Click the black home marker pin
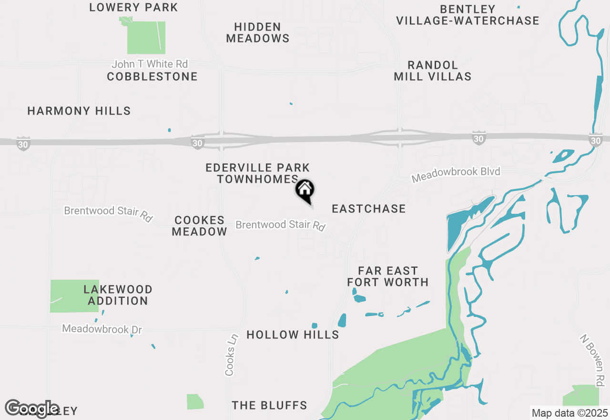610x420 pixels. point(305,190)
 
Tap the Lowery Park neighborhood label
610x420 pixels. point(133,8)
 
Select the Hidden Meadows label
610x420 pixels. point(258,33)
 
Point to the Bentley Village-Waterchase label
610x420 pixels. point(468,15)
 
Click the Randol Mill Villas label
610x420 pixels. point(433,71)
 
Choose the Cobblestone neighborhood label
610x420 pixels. point(152,77)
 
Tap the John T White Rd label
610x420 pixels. point(150,64)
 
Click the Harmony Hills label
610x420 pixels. point(79,111)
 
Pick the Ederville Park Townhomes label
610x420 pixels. point(258,173)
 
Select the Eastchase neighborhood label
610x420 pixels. point(369,209)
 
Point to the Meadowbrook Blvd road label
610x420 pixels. point(456,174)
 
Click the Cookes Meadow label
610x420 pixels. point(200,226)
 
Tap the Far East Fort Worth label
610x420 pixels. point(388,277)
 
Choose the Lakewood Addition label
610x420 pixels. point(118,295)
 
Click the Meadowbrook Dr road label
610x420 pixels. point(102,329)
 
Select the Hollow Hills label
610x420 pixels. point(293,335)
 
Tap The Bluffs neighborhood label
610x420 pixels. point(269,406)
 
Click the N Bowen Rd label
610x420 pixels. point(592,360)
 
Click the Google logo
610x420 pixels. point(32,409)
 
